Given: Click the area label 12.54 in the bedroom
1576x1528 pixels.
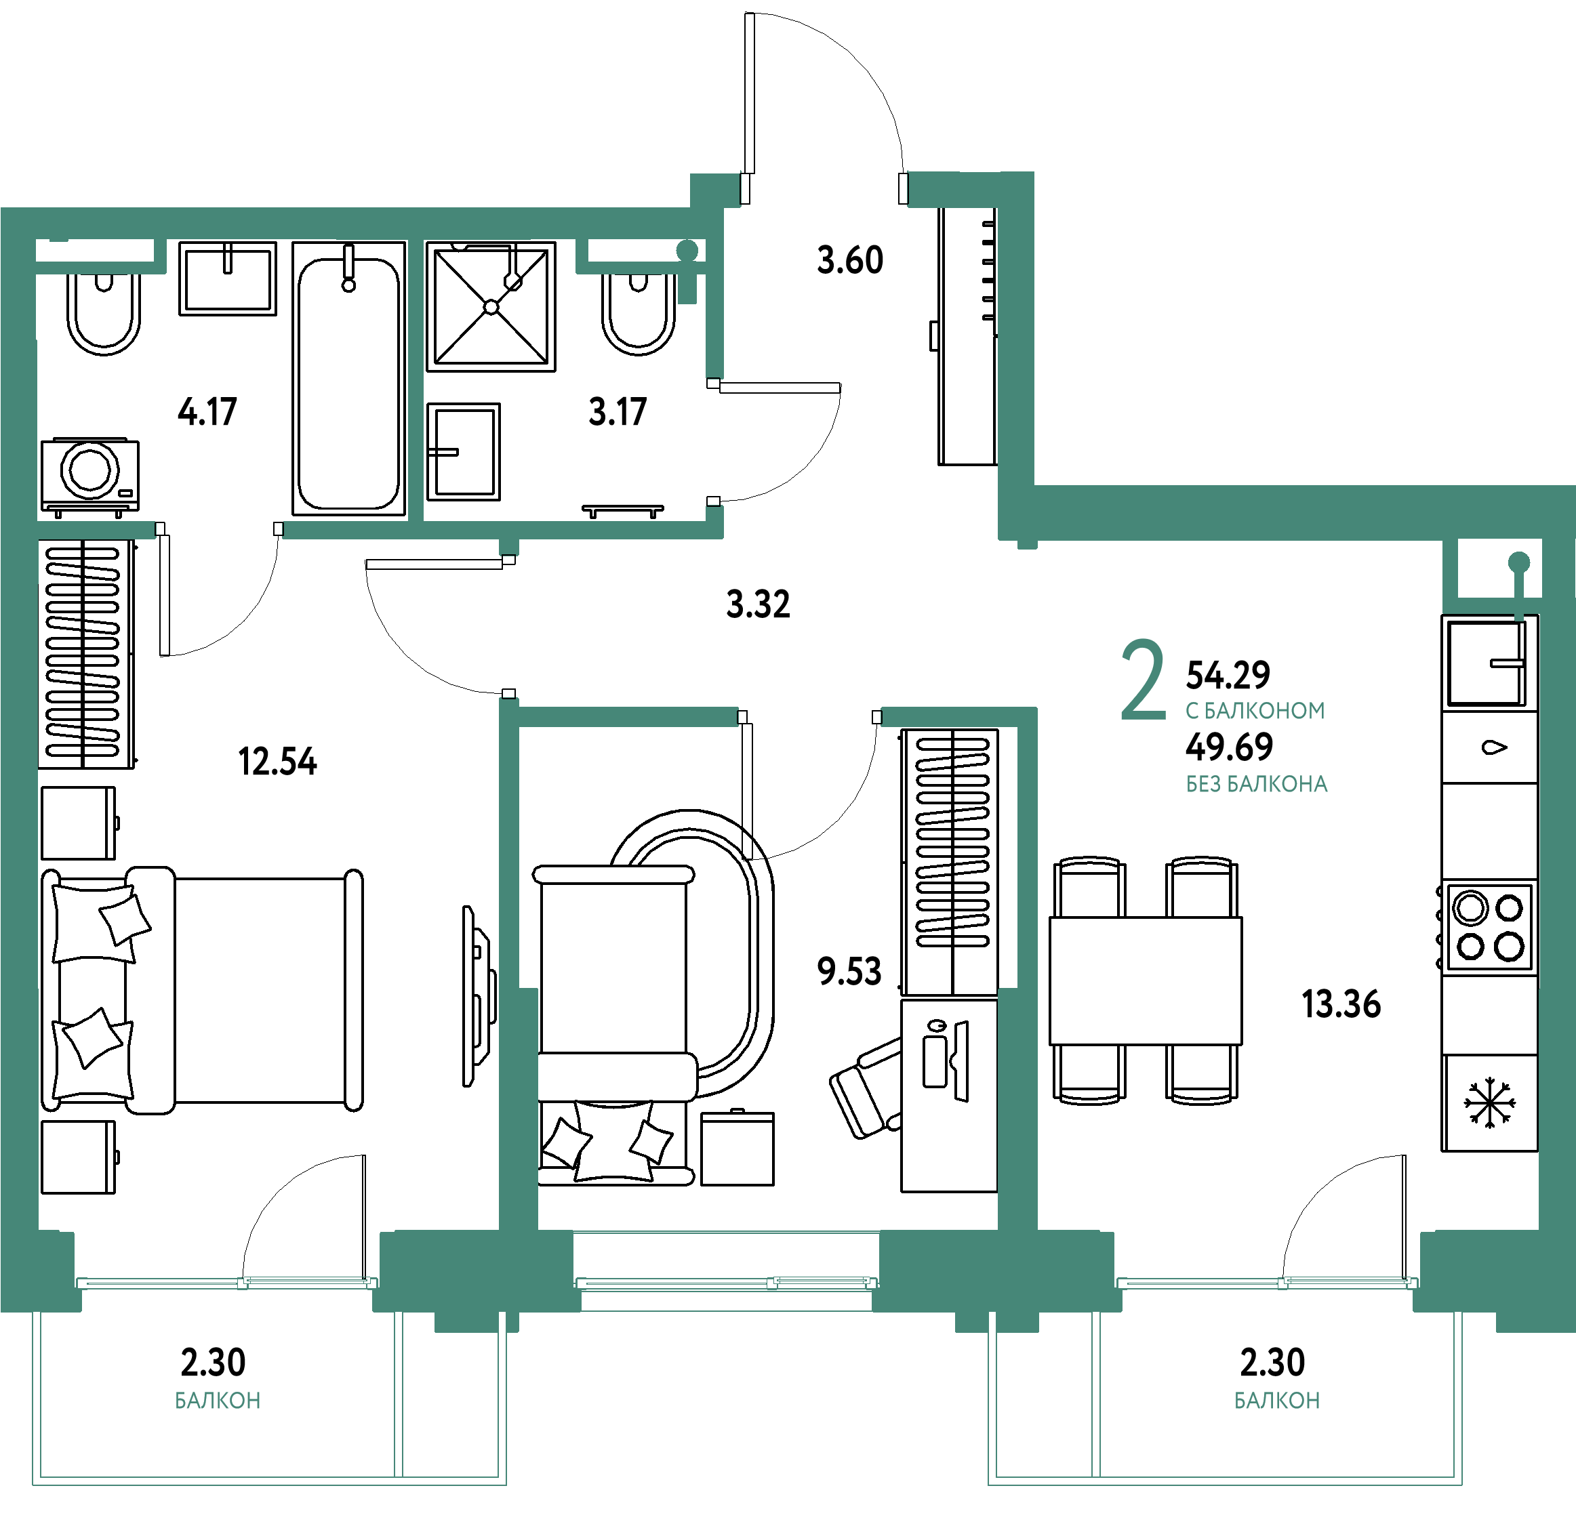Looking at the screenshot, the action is click(x=277, y=761).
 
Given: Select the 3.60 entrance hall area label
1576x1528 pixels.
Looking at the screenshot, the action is click(x=850, y=260).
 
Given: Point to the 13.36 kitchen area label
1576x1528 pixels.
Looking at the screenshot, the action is click(x=1341, y=1004).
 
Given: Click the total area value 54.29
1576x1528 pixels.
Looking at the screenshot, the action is click(x=1228, y=675).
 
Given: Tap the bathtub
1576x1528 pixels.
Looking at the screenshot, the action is click(x=349, y=378).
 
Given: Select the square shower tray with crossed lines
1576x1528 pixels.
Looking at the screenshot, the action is click(x=491, y=306).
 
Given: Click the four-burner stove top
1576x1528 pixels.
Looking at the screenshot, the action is click(x=1489, y=928).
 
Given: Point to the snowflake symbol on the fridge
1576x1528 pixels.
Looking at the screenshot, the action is click(x=1489, y=1102).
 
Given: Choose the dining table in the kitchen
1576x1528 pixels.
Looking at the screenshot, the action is click(x=1145, y=980).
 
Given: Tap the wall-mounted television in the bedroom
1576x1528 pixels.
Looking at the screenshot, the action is click(x=479, y=997).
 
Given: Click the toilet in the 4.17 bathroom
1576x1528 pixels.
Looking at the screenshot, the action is click(x=103, y=312).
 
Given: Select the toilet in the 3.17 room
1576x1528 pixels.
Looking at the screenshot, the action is click(x=639, y=312).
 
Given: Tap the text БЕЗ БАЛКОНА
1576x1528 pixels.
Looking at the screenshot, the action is click(x=1257, y=784).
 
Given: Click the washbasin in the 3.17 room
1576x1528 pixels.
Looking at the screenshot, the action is click(x=463, y=452).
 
